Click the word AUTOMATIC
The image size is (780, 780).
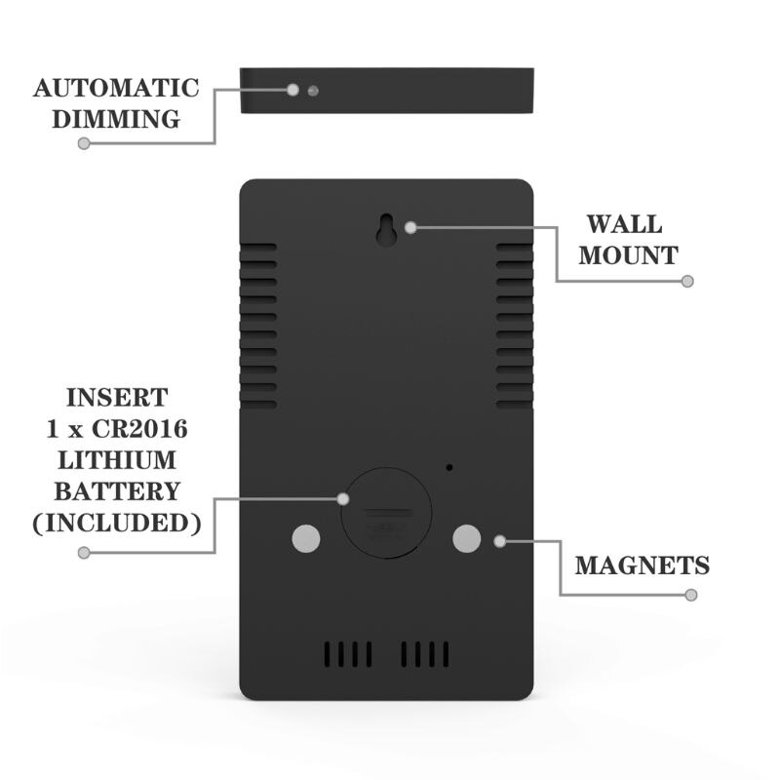[x=116, y=88]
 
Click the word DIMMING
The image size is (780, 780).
[x=116, y=119]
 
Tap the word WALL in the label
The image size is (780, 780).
[x=624, y=224]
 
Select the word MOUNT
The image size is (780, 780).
[x=628, y=255]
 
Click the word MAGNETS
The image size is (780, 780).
[x=643, y=565]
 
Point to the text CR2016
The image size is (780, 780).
[x=139, y=429]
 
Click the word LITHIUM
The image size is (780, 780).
[x=117, y=460]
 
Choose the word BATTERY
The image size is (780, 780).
[x=117, y=491]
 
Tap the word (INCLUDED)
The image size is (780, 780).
[x=117, y=523]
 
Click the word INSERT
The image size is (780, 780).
[x=117, y=398]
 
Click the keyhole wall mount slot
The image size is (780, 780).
[x=386, y=229]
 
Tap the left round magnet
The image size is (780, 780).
[x=306, y=539]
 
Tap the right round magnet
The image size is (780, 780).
[x=467, y=539]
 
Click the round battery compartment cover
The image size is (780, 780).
[x=386, y=513]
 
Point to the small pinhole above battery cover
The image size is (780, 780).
[x=449, y=468]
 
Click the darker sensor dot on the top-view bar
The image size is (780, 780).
[x=313, y=91]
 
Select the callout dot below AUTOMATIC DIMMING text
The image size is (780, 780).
[x=84, y=143]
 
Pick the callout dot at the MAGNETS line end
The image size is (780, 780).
[x=691, y=595]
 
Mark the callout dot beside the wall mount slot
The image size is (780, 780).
[x=410, y=228]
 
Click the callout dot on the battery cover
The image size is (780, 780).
[x=343, y=499]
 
